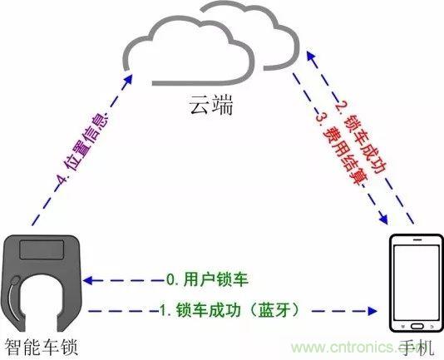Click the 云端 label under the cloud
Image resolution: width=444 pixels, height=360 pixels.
(x=211, y=105)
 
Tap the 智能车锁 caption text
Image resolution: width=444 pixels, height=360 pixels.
(x=42, y=347)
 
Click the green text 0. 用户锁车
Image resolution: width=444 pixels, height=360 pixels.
(x=207, y=279)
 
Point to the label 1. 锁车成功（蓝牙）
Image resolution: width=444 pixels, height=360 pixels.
(x=229, y=309)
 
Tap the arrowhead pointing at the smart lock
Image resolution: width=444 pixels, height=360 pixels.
(x=87, y=281)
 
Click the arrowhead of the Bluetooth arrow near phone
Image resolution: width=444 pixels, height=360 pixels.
(x=372, y=311)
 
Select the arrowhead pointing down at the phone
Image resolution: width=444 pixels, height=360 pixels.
(x=383, y=219)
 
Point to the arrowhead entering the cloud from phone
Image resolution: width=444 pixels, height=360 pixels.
(x=311, y=57)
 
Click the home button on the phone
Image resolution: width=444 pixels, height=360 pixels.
(x=417, y=326)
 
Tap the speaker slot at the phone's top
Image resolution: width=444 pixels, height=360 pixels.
(x=417, y=239)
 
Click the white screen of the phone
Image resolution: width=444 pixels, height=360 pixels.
(x=417, y=283)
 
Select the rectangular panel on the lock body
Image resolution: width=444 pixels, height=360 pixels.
(x=42, y=249)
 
